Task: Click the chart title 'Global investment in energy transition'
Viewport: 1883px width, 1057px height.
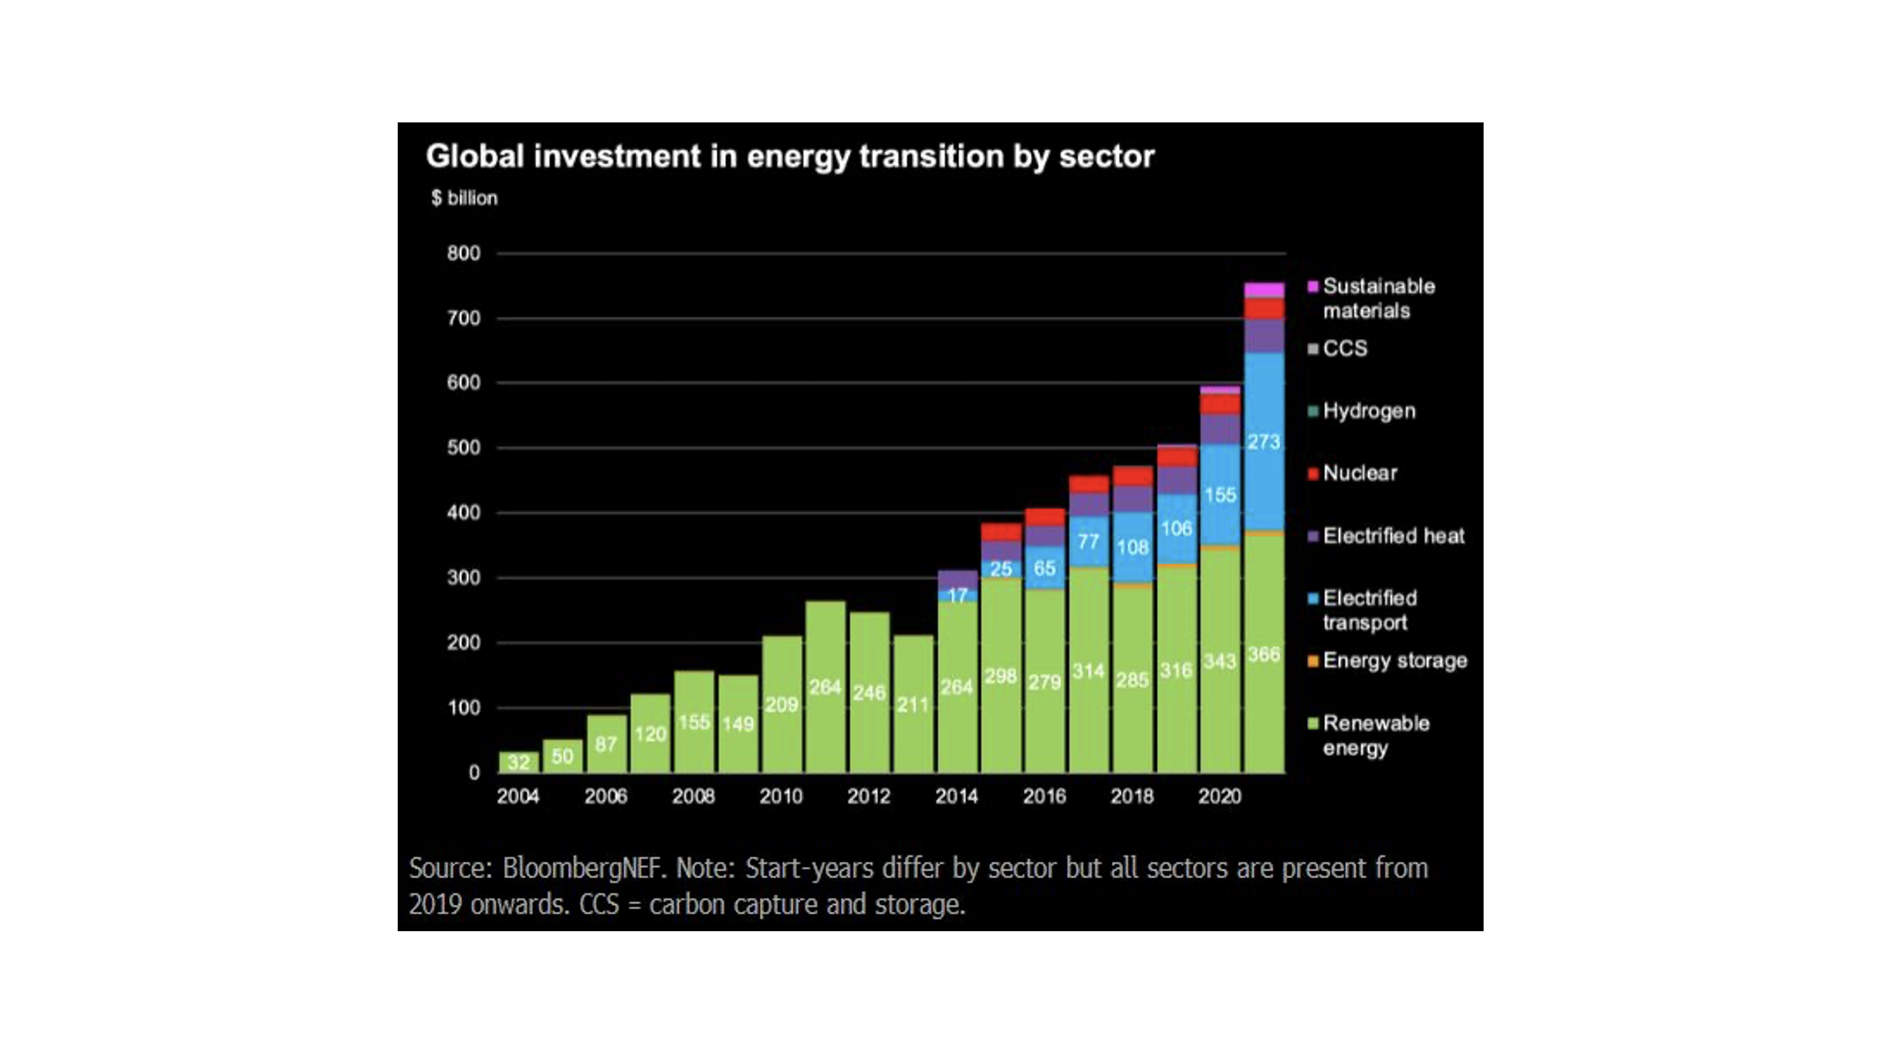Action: click(x=789, y=156)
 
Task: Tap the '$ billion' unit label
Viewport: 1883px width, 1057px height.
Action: click(x=464, y=198)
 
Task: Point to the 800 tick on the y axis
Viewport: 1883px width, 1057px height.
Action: click(x=464, y=253)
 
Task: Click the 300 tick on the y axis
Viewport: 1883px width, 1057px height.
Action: click(x=464, y=578)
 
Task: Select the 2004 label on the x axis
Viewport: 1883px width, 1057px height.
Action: click(x=518, y=796)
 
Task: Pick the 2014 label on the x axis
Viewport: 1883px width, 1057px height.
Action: click(x=956, y=796)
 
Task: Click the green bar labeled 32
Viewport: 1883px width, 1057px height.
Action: click(x=518, y=762)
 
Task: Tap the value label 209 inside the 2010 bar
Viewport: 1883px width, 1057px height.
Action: click(x=781, y=705)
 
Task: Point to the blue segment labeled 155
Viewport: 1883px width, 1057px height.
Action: click(x=1220, y=495)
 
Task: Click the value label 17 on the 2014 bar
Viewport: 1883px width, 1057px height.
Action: click(x=957, y=596)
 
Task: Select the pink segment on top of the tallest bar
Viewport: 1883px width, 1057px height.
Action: click(x=1264, y=290)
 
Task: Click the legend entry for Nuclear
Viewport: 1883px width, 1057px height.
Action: click(x=1359, y=474)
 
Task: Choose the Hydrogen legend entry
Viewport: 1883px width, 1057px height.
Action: click(x=1368, y=411)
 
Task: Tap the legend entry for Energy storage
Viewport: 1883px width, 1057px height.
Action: click(x=1394, y=661)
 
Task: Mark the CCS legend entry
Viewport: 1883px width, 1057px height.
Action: click(x=1344, y=349)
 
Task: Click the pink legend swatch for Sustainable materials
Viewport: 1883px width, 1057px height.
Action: click(x=1313, y=287)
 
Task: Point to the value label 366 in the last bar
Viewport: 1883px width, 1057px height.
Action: click(x=1264, y=655)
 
